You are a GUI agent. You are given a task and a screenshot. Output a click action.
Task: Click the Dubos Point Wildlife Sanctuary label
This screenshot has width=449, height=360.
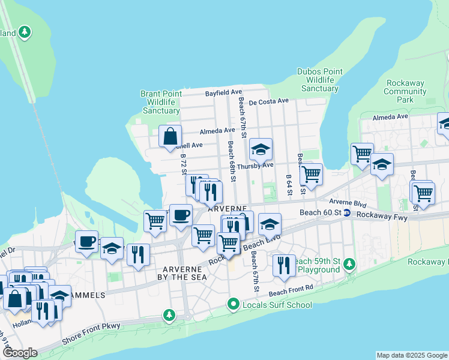[320, 80]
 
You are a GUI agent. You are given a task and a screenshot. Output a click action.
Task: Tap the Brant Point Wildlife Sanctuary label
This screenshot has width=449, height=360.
[161, 102]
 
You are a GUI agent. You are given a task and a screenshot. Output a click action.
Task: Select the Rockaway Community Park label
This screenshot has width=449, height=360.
[405, 91]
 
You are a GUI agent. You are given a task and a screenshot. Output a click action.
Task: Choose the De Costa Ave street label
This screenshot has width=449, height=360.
[270, 102]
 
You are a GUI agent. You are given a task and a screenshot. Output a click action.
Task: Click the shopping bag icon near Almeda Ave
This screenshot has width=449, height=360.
[170, 136]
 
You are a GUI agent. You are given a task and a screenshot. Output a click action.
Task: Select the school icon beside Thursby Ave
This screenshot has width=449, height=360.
[261, 149]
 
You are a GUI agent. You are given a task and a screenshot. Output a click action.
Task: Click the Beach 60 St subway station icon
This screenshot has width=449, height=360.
[347, 213]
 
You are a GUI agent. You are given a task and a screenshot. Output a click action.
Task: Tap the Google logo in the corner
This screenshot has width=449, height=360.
[20, 353]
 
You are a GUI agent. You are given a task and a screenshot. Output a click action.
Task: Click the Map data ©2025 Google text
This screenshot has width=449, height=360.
[412, 355]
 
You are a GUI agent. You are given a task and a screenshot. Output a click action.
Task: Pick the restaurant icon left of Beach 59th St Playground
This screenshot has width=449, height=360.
[283, 265]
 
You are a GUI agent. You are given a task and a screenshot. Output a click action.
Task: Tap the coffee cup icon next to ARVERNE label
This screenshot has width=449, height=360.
[180, 215]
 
